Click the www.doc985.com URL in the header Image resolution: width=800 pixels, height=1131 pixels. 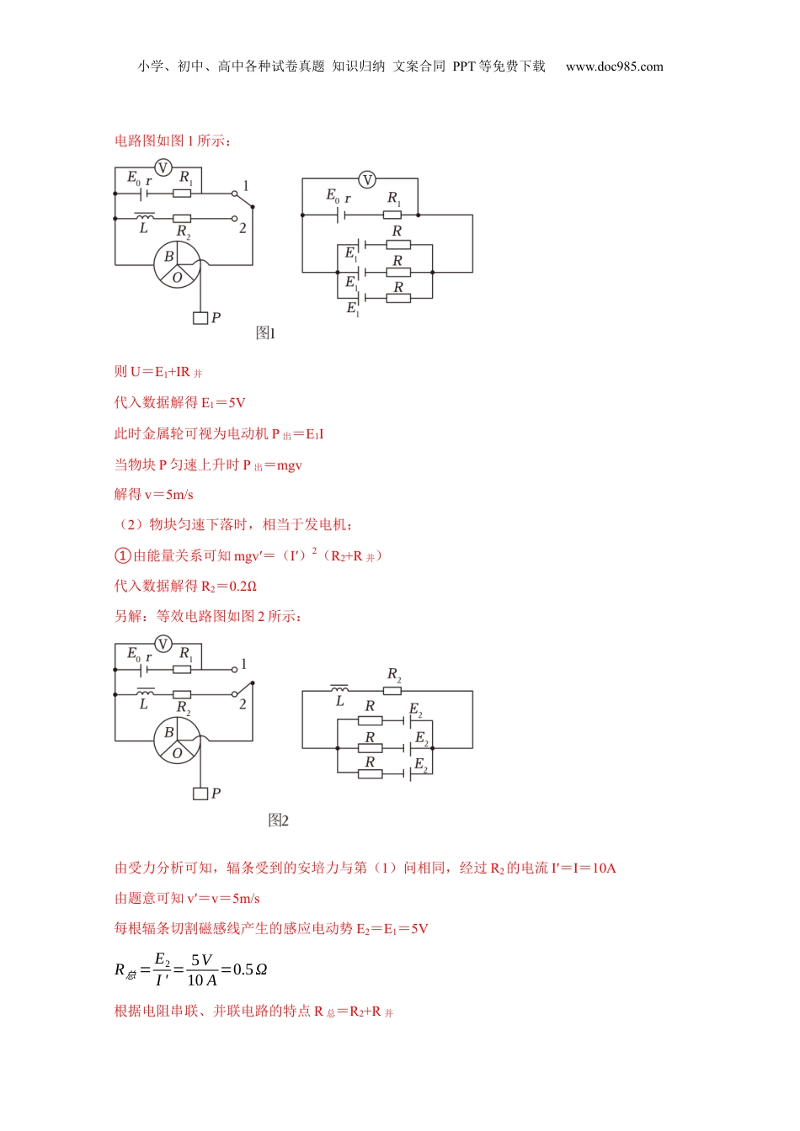[614, 66]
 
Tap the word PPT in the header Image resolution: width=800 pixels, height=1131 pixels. [464, 66]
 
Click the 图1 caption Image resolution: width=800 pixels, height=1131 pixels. [265, 333]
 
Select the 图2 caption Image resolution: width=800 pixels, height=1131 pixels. [278, 820]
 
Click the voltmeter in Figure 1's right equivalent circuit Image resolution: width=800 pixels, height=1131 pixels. [367, 179]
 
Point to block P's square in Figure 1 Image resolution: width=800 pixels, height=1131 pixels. [200, 318]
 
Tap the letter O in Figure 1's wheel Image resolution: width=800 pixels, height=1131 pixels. [177, 277]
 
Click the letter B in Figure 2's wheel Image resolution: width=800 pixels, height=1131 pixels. [168, 732]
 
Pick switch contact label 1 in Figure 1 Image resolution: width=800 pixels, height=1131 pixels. [245, 185]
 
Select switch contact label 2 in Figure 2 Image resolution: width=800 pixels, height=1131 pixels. [243, 704]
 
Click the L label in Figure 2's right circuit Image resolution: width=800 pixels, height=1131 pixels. [339, 701]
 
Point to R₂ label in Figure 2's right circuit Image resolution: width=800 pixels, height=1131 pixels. [394, 675]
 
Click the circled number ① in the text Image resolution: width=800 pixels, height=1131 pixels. [122, 555]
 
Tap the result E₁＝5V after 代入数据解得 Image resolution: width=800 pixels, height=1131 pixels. [223, 403]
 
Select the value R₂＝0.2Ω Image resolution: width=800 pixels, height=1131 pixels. [229, 587]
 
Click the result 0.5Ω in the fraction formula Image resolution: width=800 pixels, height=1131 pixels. [250, 969]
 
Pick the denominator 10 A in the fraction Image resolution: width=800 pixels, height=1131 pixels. [202, 980]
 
